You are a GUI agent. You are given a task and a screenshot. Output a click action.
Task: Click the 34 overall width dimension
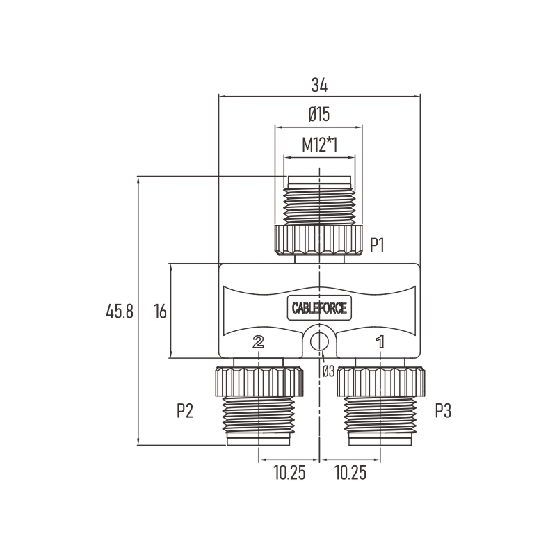click(319, 86)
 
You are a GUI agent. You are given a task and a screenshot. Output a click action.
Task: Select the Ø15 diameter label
click(319, 114)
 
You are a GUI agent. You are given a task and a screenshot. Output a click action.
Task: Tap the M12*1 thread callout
click(319, 145)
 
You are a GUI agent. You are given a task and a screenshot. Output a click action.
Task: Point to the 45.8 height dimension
click(120, 311)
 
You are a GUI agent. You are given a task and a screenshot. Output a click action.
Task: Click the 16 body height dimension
click(160, 311)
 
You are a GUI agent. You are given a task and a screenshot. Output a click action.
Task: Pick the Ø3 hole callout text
click(329, 371)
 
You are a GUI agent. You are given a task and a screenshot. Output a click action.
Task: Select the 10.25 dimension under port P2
click(289, 473)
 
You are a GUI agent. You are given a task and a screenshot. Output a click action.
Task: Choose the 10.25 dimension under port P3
click(350, 473)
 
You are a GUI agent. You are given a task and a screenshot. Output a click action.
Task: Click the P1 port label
click(378, 245)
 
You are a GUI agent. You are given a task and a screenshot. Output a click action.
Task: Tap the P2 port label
click(185, 411)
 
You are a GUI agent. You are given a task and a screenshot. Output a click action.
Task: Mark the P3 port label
click(443, 411)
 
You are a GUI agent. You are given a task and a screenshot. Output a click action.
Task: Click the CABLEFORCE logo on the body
click(319, 307)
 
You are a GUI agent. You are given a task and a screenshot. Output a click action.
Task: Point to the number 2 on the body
click(258, 341)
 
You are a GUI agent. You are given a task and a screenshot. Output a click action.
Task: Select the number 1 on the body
click(380, 341)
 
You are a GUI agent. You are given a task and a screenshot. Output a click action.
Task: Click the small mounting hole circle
click(319, 342)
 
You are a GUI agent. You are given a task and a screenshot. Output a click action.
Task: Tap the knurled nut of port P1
click(318, 240)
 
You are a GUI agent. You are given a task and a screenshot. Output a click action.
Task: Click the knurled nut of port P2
click(259, 382)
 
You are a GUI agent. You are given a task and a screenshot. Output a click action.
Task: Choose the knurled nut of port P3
click(381, 382)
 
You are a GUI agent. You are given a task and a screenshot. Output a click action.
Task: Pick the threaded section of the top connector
click(319, 207)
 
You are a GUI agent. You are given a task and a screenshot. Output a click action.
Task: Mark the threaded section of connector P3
click(380, 414)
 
